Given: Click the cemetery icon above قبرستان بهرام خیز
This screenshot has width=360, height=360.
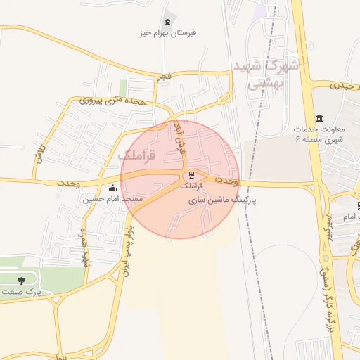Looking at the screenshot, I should click(x=167, y=22).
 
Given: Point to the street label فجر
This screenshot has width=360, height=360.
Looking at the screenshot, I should click(x=164, y=75).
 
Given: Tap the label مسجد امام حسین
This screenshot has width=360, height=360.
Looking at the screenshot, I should click(x=113, y=199).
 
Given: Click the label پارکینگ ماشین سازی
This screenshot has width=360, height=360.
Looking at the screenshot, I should click(x=224, y=200).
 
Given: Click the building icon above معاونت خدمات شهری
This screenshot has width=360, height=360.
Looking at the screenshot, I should click(x=320, y=117).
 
